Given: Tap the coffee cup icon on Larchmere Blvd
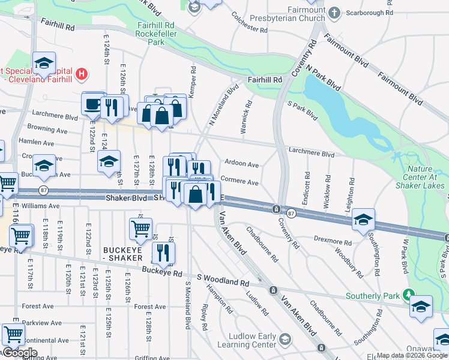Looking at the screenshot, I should click(92, 103).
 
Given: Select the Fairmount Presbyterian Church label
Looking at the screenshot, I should click(295, 17).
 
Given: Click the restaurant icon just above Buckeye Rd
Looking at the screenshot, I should click(163, 252).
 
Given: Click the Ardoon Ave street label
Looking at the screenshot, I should click(241, 164).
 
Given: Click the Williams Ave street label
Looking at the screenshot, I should click(38, 205).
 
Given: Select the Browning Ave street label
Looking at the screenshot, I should click(47, 129).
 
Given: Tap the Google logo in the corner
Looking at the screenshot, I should click(19, 353).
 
